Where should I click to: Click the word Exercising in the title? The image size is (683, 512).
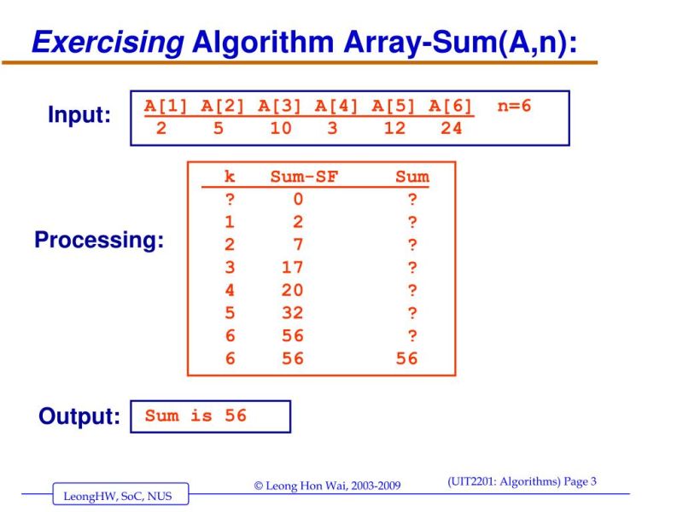108,41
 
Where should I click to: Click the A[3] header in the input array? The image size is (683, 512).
280,107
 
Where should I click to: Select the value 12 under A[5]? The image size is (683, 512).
394,128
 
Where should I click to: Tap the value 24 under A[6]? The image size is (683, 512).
451,128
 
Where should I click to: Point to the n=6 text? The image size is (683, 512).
514,107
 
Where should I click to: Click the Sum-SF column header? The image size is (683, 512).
304,177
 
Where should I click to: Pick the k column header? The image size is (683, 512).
230,177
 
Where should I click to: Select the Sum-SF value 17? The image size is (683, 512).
293,267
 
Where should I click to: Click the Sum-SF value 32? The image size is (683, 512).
293,312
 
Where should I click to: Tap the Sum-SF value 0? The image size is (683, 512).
298,200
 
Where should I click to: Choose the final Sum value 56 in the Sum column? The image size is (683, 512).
407,358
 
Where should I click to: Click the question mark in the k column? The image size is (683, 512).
230,200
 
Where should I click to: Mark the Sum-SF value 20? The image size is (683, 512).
293,290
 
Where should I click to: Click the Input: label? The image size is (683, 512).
79,115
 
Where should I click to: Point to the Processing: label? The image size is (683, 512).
99,241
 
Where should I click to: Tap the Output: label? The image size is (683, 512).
79,417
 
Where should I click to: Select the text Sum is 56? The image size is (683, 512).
196,416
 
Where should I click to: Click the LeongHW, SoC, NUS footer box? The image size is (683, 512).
120,494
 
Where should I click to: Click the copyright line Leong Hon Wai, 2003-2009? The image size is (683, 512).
327,486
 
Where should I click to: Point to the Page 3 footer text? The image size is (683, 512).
577,481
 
